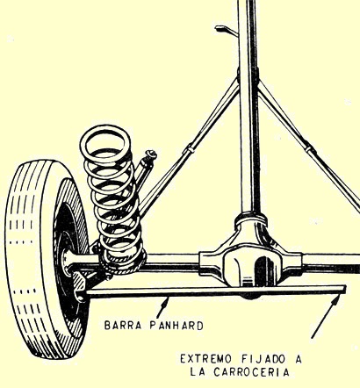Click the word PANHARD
176,326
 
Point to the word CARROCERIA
251,372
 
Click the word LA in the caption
197,372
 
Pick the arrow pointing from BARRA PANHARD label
162,307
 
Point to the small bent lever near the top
226,30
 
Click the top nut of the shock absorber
152,154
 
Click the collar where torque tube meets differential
251,218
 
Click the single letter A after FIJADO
298,359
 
